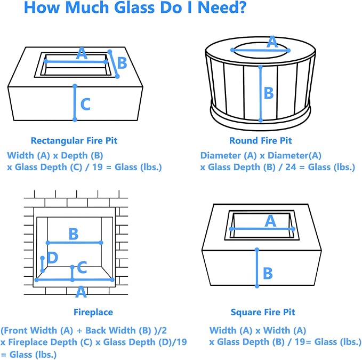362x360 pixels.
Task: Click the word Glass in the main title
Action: click(135, 7)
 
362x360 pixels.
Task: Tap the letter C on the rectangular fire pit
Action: click(85, 104)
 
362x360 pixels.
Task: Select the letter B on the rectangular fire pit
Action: click(122, 63)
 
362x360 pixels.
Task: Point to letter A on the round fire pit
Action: click(272, 42)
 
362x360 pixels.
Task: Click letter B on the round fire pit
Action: click(269, 93)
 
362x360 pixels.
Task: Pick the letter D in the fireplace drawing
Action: click(52, 257)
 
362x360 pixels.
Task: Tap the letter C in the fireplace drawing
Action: click(82, 267)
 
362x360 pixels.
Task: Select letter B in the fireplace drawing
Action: click(74, 234)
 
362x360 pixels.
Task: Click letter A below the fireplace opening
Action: click(81, 292)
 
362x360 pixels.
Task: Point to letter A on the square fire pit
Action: click(270, 221)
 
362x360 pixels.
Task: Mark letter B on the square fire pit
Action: click(268, 273)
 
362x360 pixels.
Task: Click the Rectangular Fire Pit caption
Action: click(74, 141)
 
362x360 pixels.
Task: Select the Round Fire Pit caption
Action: click(260, 141)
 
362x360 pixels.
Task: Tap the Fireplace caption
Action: click(93, 312)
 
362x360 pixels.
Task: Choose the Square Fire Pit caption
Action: click(263, 312)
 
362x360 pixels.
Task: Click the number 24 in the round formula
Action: click(291, 167)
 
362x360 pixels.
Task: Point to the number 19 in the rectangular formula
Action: click(98, 167)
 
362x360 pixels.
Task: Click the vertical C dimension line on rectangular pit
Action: click(75, 103)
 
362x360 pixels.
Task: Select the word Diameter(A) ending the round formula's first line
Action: click(294, 156)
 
